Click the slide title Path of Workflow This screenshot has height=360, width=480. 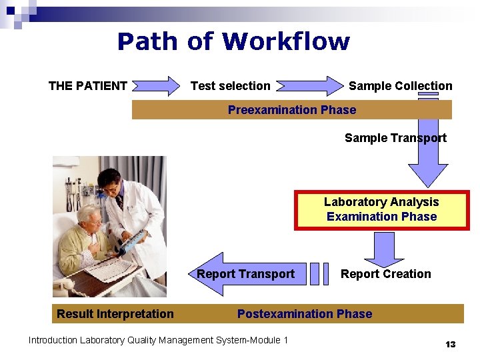233,42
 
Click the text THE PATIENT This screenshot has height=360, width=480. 87,86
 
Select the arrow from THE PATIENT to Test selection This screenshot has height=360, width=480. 155,86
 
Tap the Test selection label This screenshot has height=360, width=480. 231,86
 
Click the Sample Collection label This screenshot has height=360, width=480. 400,86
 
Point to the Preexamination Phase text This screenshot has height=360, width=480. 292,110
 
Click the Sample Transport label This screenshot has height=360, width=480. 395,138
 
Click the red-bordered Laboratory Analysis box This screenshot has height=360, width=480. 381,209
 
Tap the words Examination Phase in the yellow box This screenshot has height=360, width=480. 381,217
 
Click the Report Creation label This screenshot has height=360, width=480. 385,274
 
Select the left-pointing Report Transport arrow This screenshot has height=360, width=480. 246,274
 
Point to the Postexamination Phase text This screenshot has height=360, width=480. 305,314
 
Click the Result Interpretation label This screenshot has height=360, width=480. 115,314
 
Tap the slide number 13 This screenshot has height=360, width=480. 450,344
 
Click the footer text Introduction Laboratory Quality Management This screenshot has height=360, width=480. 158,341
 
